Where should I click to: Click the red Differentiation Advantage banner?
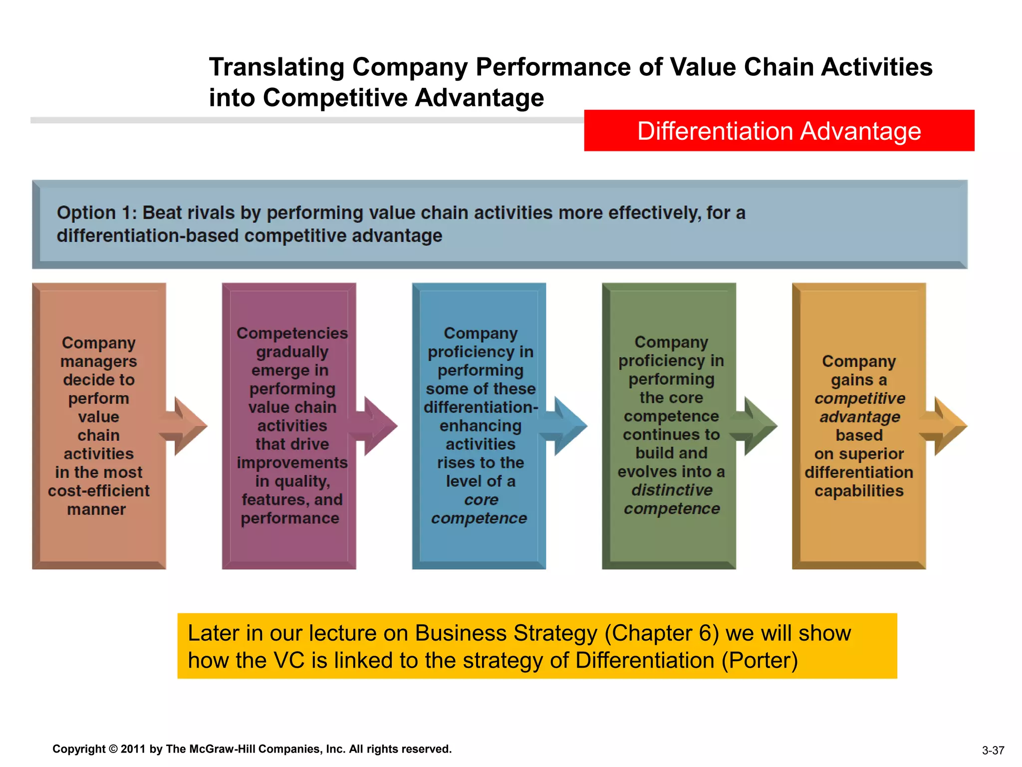(778, 131)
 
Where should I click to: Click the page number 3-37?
(993, 751)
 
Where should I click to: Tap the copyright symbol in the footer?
(113, 749)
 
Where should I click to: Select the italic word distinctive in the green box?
(672, 490)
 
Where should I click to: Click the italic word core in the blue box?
(481, 499)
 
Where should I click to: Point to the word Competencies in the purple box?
(292, 333)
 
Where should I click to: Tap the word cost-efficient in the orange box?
(99, 491)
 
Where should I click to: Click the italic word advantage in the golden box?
(859, 416)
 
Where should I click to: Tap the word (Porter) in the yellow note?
(760, 661)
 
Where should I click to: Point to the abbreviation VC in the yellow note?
(289, 661)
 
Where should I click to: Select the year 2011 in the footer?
(133, 749)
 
